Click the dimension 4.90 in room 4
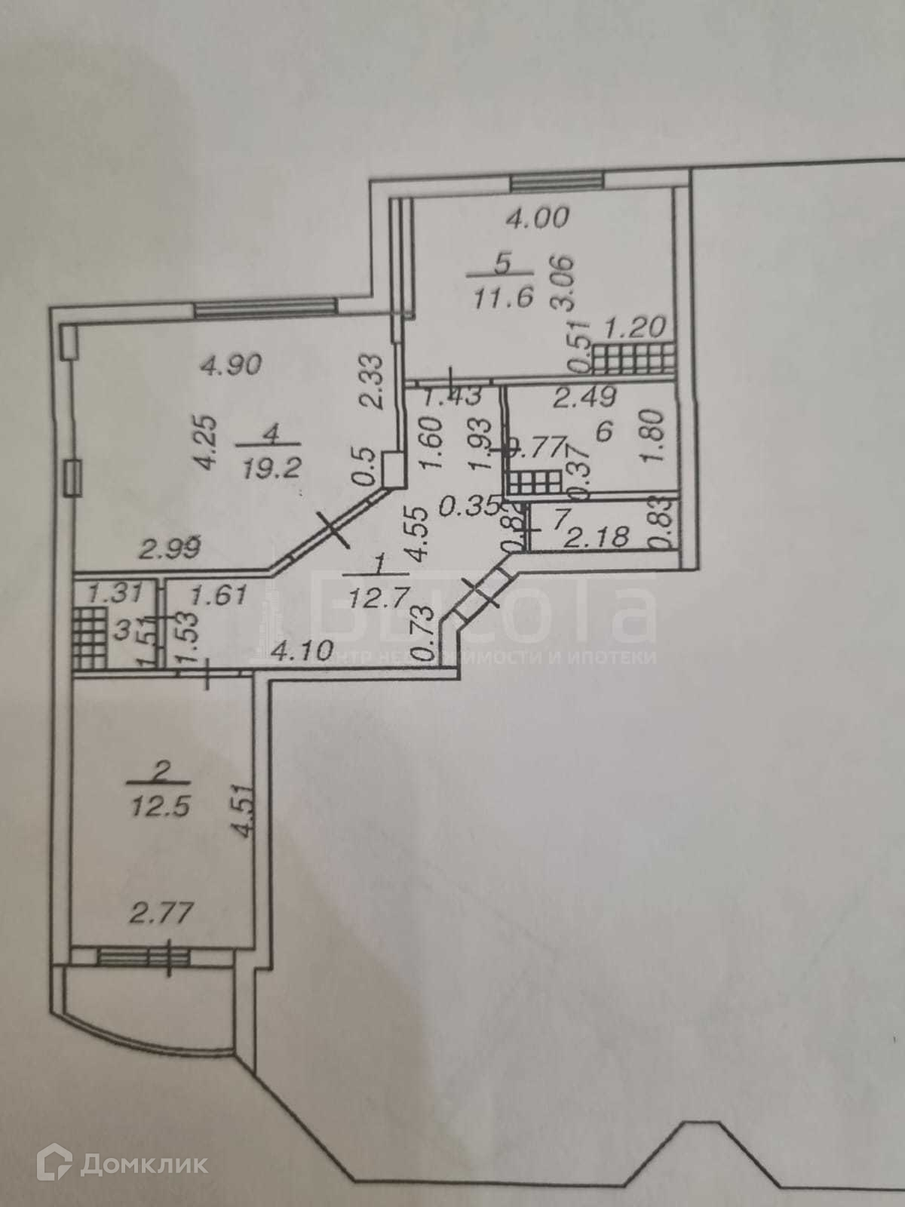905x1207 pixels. tap(230, 365)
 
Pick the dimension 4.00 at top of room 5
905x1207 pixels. tap(538, 219)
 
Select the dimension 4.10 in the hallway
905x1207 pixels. tap(302, 650)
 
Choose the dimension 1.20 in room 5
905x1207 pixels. tap(635, 327)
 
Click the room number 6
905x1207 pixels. tap(602, 431)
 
